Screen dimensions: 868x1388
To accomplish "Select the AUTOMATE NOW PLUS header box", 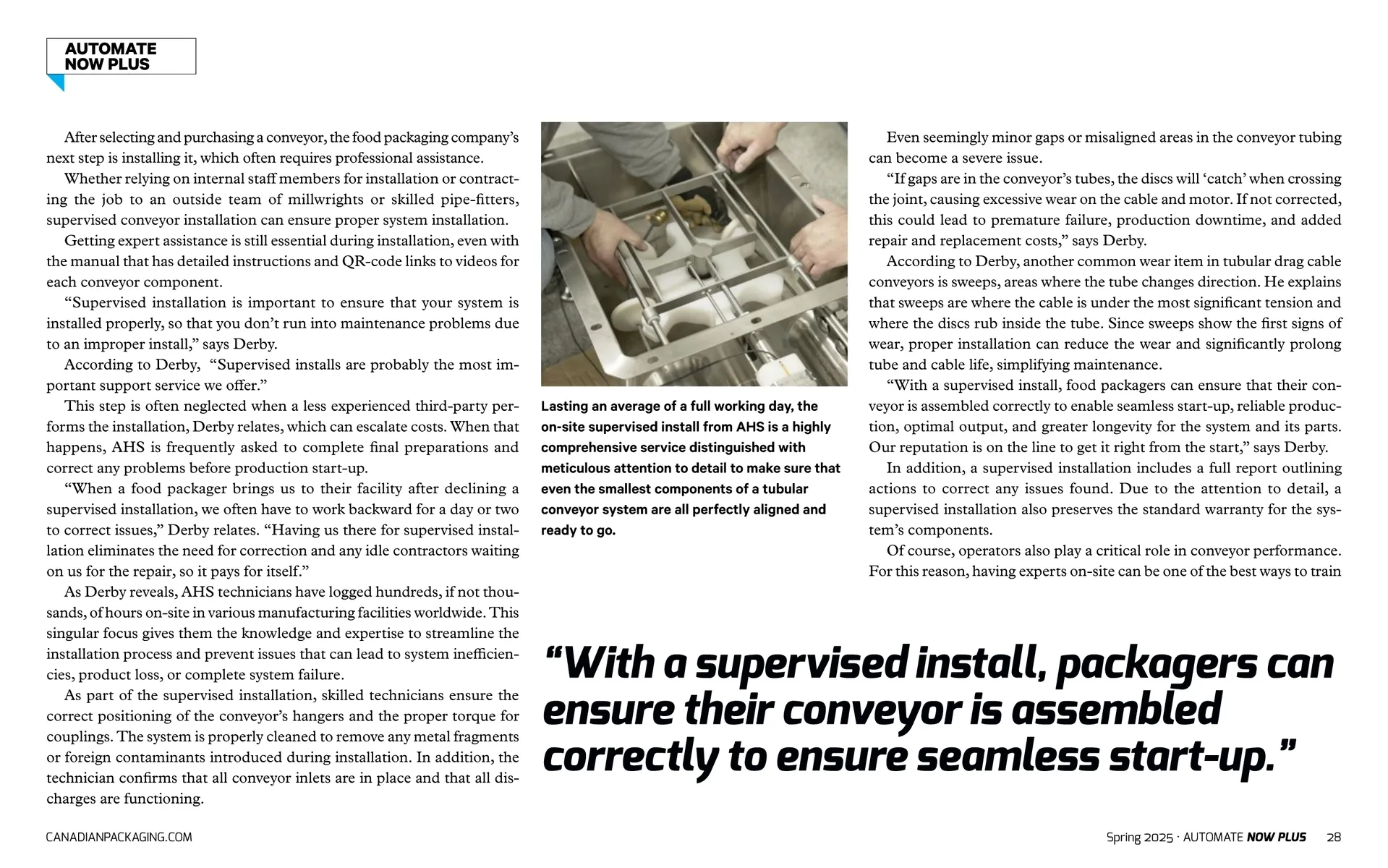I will [121, 56].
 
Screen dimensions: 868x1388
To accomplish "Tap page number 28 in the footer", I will [1334, 837].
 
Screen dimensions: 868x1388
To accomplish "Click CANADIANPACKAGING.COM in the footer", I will [119, 837].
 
